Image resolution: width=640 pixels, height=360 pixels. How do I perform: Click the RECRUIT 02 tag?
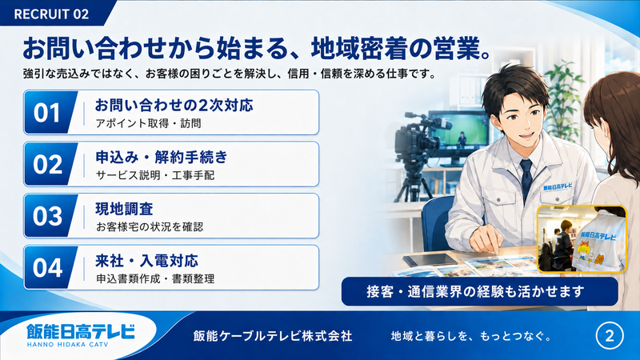[x=53, y=14]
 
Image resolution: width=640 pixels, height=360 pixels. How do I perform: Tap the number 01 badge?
[x=48, y=113]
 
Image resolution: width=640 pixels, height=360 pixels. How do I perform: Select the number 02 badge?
[x=48, y=164]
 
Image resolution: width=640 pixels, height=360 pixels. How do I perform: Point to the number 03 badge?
[x=48, y=216]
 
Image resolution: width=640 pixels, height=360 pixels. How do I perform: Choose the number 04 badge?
[x=48, y=268]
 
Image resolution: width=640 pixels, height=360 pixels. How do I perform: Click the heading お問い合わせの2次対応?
[x=174, y=106]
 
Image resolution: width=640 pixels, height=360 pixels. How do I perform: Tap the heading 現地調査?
[x=124, y=209]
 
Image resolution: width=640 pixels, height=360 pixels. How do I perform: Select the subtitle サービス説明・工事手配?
[x=155, y=175]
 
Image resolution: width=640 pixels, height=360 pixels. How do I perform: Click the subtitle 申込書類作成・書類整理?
[x=155, y=278]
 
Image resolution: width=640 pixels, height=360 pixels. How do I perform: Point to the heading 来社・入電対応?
[x=147, y=261]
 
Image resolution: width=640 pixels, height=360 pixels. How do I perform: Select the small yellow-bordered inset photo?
[x=582, y=238]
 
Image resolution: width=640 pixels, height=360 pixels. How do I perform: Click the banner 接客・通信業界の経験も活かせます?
[x=479, y=291]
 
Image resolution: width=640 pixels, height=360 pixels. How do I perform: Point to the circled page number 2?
[x=610, y=336]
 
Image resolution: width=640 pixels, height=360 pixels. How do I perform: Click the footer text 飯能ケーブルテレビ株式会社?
[x=272, y=336]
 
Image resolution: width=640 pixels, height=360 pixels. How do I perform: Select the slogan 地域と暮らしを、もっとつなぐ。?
[x=471, y=336]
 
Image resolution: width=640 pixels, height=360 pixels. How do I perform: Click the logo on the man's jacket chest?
[x=558, y=187]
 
